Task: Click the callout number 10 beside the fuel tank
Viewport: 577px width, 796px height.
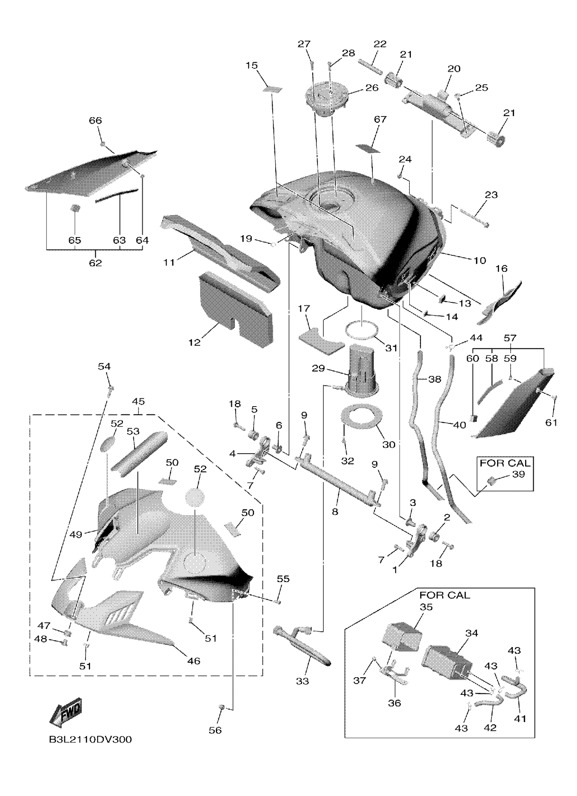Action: [x=479, y=260]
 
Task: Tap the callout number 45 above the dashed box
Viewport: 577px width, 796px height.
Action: [x=139, y=402]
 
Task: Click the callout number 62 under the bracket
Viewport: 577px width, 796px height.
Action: [x=95, y=263]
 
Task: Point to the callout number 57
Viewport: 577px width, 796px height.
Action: [x=510, y=338]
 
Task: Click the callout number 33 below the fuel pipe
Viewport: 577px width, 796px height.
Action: [x=302, y=681]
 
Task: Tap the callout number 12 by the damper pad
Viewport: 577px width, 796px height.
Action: [x=194, y=342]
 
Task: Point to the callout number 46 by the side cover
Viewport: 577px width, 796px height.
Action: [x=193, y=661]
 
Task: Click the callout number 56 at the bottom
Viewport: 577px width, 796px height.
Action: [x=215, y=730]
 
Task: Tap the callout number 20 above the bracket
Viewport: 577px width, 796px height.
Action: [x=454, y=69]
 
